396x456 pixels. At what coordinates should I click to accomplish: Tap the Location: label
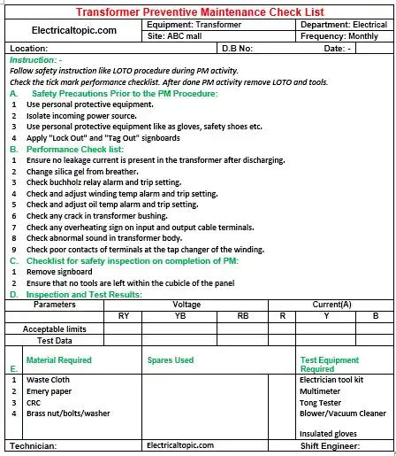[x=27, y=48]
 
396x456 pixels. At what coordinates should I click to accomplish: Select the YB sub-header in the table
[x=180, y=315]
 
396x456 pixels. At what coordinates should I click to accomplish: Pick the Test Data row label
[x=54, y=339]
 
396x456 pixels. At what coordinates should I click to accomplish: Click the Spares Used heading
[x=171, y=360]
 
